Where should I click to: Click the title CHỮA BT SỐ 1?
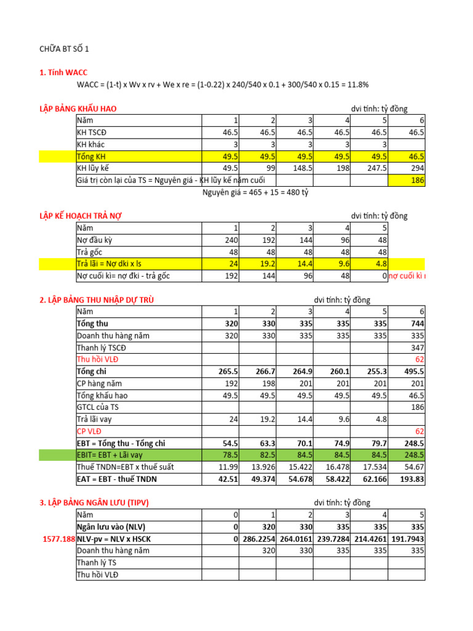pos(68,49)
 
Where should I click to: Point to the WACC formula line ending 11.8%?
pos(223,84)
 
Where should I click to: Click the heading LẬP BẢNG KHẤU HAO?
pos(78,109)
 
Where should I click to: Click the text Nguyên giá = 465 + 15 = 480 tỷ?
pos(256,192)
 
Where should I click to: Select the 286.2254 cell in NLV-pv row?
pos(257,539)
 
